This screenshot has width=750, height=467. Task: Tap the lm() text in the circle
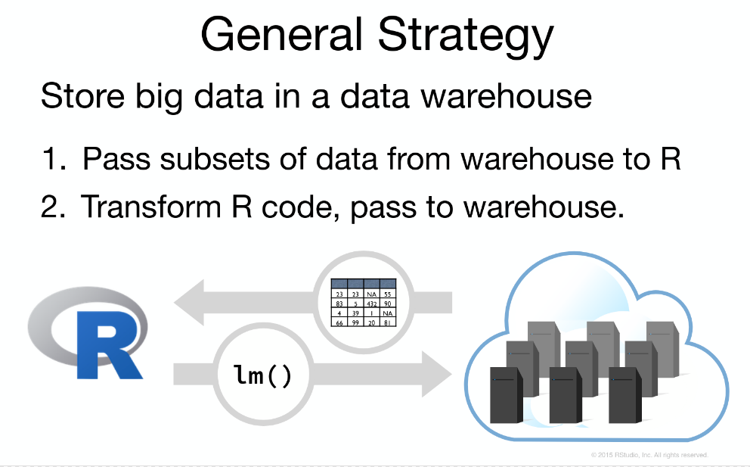point(262,375)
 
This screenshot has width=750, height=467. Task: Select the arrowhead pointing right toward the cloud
point(435,373)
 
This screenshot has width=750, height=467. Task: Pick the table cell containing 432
point(371,304)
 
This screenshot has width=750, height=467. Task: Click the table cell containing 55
point(387,294)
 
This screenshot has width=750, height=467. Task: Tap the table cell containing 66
point(339,322)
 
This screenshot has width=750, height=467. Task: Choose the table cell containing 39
point(355,313)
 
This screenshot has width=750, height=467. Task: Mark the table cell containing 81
point(387,322)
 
